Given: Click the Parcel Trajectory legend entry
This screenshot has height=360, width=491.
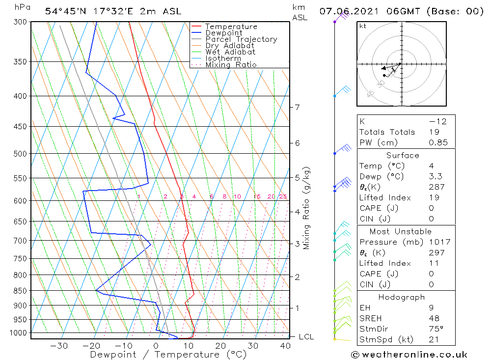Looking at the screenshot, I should tap(241, 39).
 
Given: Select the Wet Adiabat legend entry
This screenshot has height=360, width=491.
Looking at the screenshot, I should tap(230, 52).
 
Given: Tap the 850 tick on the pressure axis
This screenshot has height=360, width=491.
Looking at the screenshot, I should tap(21, 291).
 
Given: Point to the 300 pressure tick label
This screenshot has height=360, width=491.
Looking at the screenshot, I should tap(21, 22).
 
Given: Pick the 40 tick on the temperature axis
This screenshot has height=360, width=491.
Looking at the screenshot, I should tap(285, 346).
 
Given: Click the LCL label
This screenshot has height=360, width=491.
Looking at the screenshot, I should tap(306, 337).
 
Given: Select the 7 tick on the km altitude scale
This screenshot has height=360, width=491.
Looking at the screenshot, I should tap(297, 107).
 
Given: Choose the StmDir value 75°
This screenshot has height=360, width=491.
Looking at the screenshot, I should tap(436, 329).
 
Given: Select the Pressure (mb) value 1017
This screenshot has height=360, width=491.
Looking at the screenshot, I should tap(438, 242).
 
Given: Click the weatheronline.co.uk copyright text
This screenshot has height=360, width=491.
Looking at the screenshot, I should tap(409, 355).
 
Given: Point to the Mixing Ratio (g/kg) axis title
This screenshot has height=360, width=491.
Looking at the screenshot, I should tap(307, 208).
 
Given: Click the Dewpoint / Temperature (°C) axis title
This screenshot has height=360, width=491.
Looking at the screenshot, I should tap(168, 354).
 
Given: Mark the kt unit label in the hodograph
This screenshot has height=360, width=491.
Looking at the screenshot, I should tap(363, 26).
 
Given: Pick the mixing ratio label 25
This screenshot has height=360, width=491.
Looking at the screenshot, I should tap(283, 196).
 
